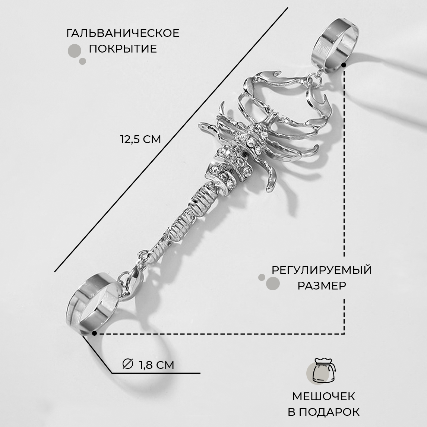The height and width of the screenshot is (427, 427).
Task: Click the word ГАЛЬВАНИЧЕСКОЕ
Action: tap(123, 33)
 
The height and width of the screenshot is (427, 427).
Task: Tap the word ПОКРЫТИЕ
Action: tap(123, 49)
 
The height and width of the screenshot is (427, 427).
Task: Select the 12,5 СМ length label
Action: tap(140, 139)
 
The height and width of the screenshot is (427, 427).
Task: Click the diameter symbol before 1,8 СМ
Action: tap(127, 364)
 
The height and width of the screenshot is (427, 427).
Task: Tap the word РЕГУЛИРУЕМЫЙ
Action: tap(321, 269)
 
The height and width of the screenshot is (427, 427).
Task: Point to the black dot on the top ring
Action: tap(344, 65)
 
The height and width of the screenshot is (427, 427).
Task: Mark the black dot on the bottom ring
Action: tap(94, 333)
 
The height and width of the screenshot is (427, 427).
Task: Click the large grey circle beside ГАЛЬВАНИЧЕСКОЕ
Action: tap(75, 51)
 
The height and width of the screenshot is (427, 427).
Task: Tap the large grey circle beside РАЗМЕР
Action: tap(273, 284)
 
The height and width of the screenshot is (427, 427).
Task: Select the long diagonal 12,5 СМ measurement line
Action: tap(171, 139)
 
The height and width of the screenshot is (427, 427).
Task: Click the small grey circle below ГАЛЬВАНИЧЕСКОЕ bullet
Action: tap(83, 61)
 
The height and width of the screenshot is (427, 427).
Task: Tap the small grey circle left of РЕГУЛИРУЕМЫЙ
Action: tap(262, 277)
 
